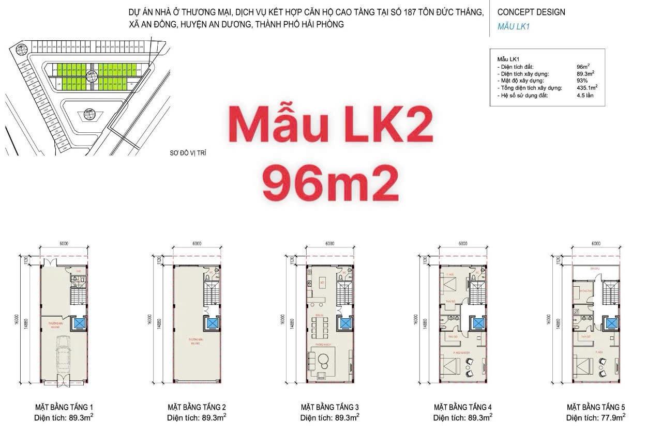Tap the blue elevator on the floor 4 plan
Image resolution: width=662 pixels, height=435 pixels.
tap(479, 324)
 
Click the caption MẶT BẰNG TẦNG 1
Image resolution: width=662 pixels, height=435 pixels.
tap(64, 407)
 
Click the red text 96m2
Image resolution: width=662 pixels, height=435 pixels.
tap(330, 183)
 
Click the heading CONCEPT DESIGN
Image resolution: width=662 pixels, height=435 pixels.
tap(531, 12)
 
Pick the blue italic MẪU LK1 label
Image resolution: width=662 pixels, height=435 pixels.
tap(514, 26)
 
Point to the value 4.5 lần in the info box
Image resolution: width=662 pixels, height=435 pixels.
tap(585, 96)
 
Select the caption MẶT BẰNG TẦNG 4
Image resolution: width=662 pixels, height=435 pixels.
tap(462, 407)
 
